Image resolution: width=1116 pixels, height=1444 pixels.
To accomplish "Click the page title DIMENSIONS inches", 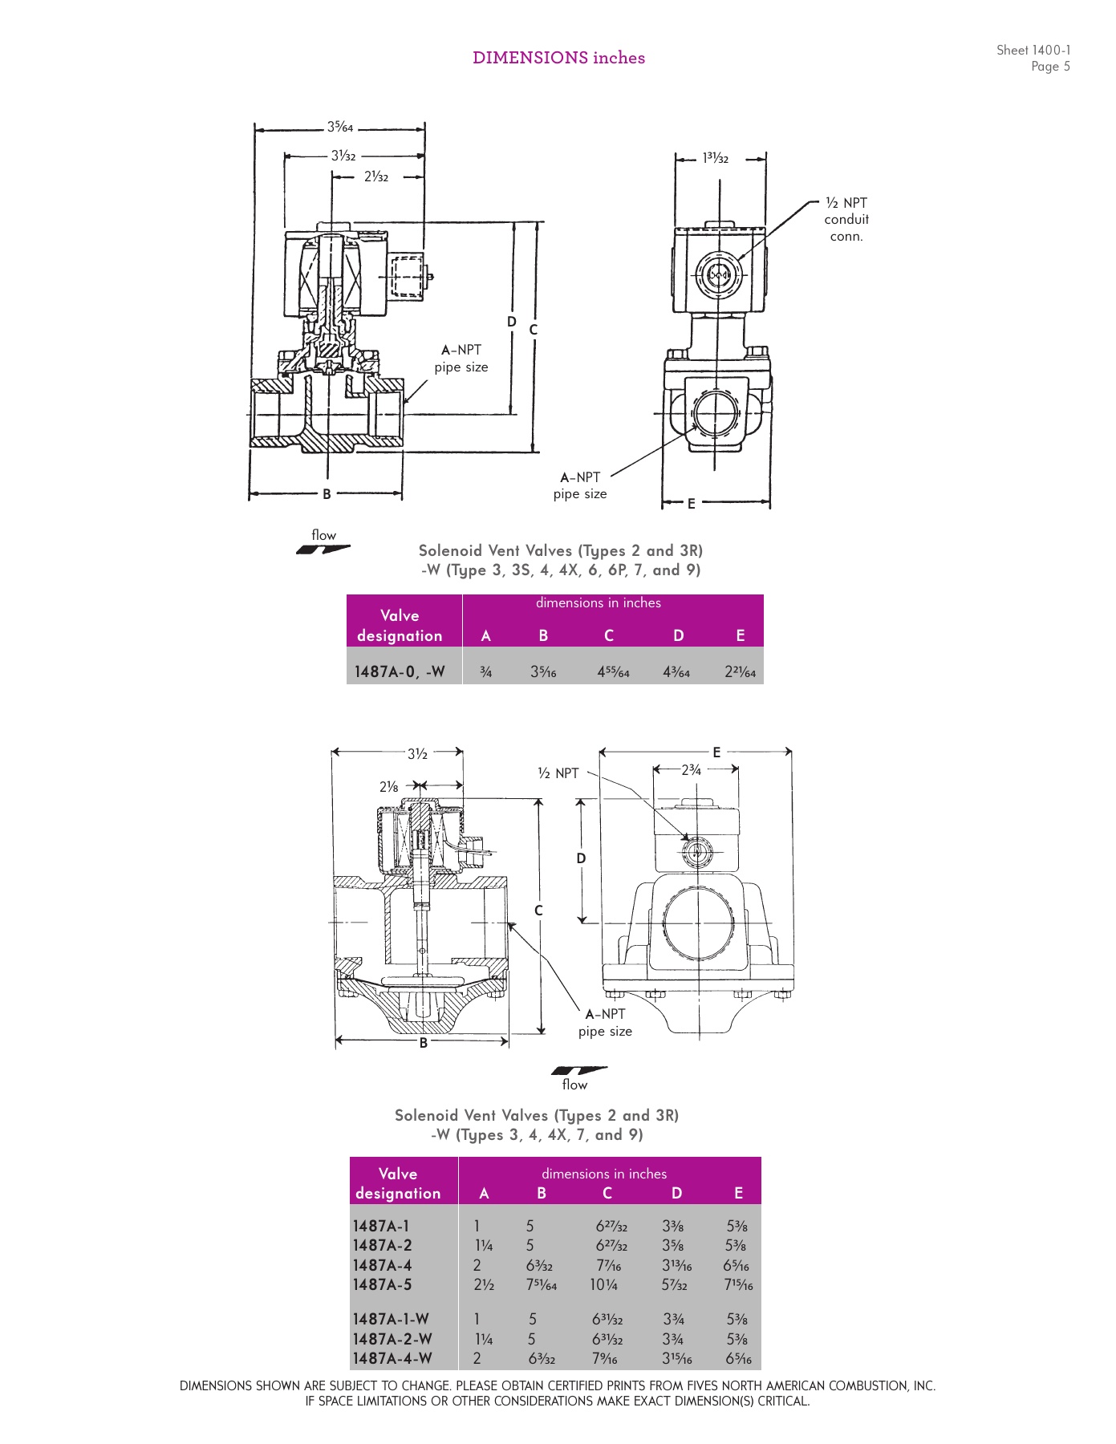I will [x=558, y=58].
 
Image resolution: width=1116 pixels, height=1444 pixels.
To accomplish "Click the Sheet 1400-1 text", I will [x=1033, y=50].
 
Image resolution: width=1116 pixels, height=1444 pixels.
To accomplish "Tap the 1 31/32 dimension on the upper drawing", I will [x=716, y=158].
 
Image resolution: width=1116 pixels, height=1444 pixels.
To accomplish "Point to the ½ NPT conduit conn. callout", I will [x=846, y=220].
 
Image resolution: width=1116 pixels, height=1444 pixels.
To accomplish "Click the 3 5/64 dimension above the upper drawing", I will [x=340, y=127].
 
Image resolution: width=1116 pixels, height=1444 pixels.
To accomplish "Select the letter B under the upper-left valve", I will [x=327, y=494].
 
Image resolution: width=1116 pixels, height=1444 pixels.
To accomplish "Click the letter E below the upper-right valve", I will [x=691, y=504].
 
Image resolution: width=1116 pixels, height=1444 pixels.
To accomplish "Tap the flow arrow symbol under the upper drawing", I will [x=323, y=550].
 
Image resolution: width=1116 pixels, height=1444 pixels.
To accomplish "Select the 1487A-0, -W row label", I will [x=400, y=671].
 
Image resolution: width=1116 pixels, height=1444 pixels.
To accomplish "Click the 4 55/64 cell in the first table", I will [x=613, y=672].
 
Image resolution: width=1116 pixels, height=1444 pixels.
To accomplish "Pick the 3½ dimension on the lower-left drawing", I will [x=417, y=753].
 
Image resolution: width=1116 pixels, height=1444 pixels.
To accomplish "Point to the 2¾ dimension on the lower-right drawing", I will [x=691, y=770].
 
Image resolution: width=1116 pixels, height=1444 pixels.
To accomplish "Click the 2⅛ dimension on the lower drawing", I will [x=389, y=787].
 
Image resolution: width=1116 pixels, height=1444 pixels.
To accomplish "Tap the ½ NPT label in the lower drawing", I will [x=558, y=773].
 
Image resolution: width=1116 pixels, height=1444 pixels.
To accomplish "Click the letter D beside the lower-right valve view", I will [x=582, y=858].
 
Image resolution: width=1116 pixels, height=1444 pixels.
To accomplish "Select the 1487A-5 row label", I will [x=382, y=1284].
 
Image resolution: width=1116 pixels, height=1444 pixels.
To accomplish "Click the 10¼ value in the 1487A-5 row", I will [x=603, y=1284].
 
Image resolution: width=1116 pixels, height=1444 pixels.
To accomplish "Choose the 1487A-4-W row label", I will [x=392, y=1358].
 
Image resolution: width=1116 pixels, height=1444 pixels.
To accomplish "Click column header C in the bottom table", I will [x=607, y=1193].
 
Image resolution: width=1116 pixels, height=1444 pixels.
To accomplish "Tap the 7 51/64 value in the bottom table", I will [x=542, y=1285].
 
